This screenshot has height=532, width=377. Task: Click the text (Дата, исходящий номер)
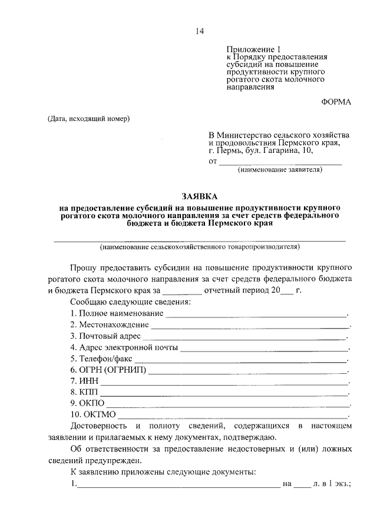88,119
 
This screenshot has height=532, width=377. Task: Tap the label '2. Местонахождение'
109,324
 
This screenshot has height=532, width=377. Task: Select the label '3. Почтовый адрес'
105,336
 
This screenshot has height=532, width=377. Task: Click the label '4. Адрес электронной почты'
123,347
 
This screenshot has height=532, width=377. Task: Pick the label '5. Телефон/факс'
101,358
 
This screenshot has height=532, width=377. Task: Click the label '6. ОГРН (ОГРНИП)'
108,370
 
